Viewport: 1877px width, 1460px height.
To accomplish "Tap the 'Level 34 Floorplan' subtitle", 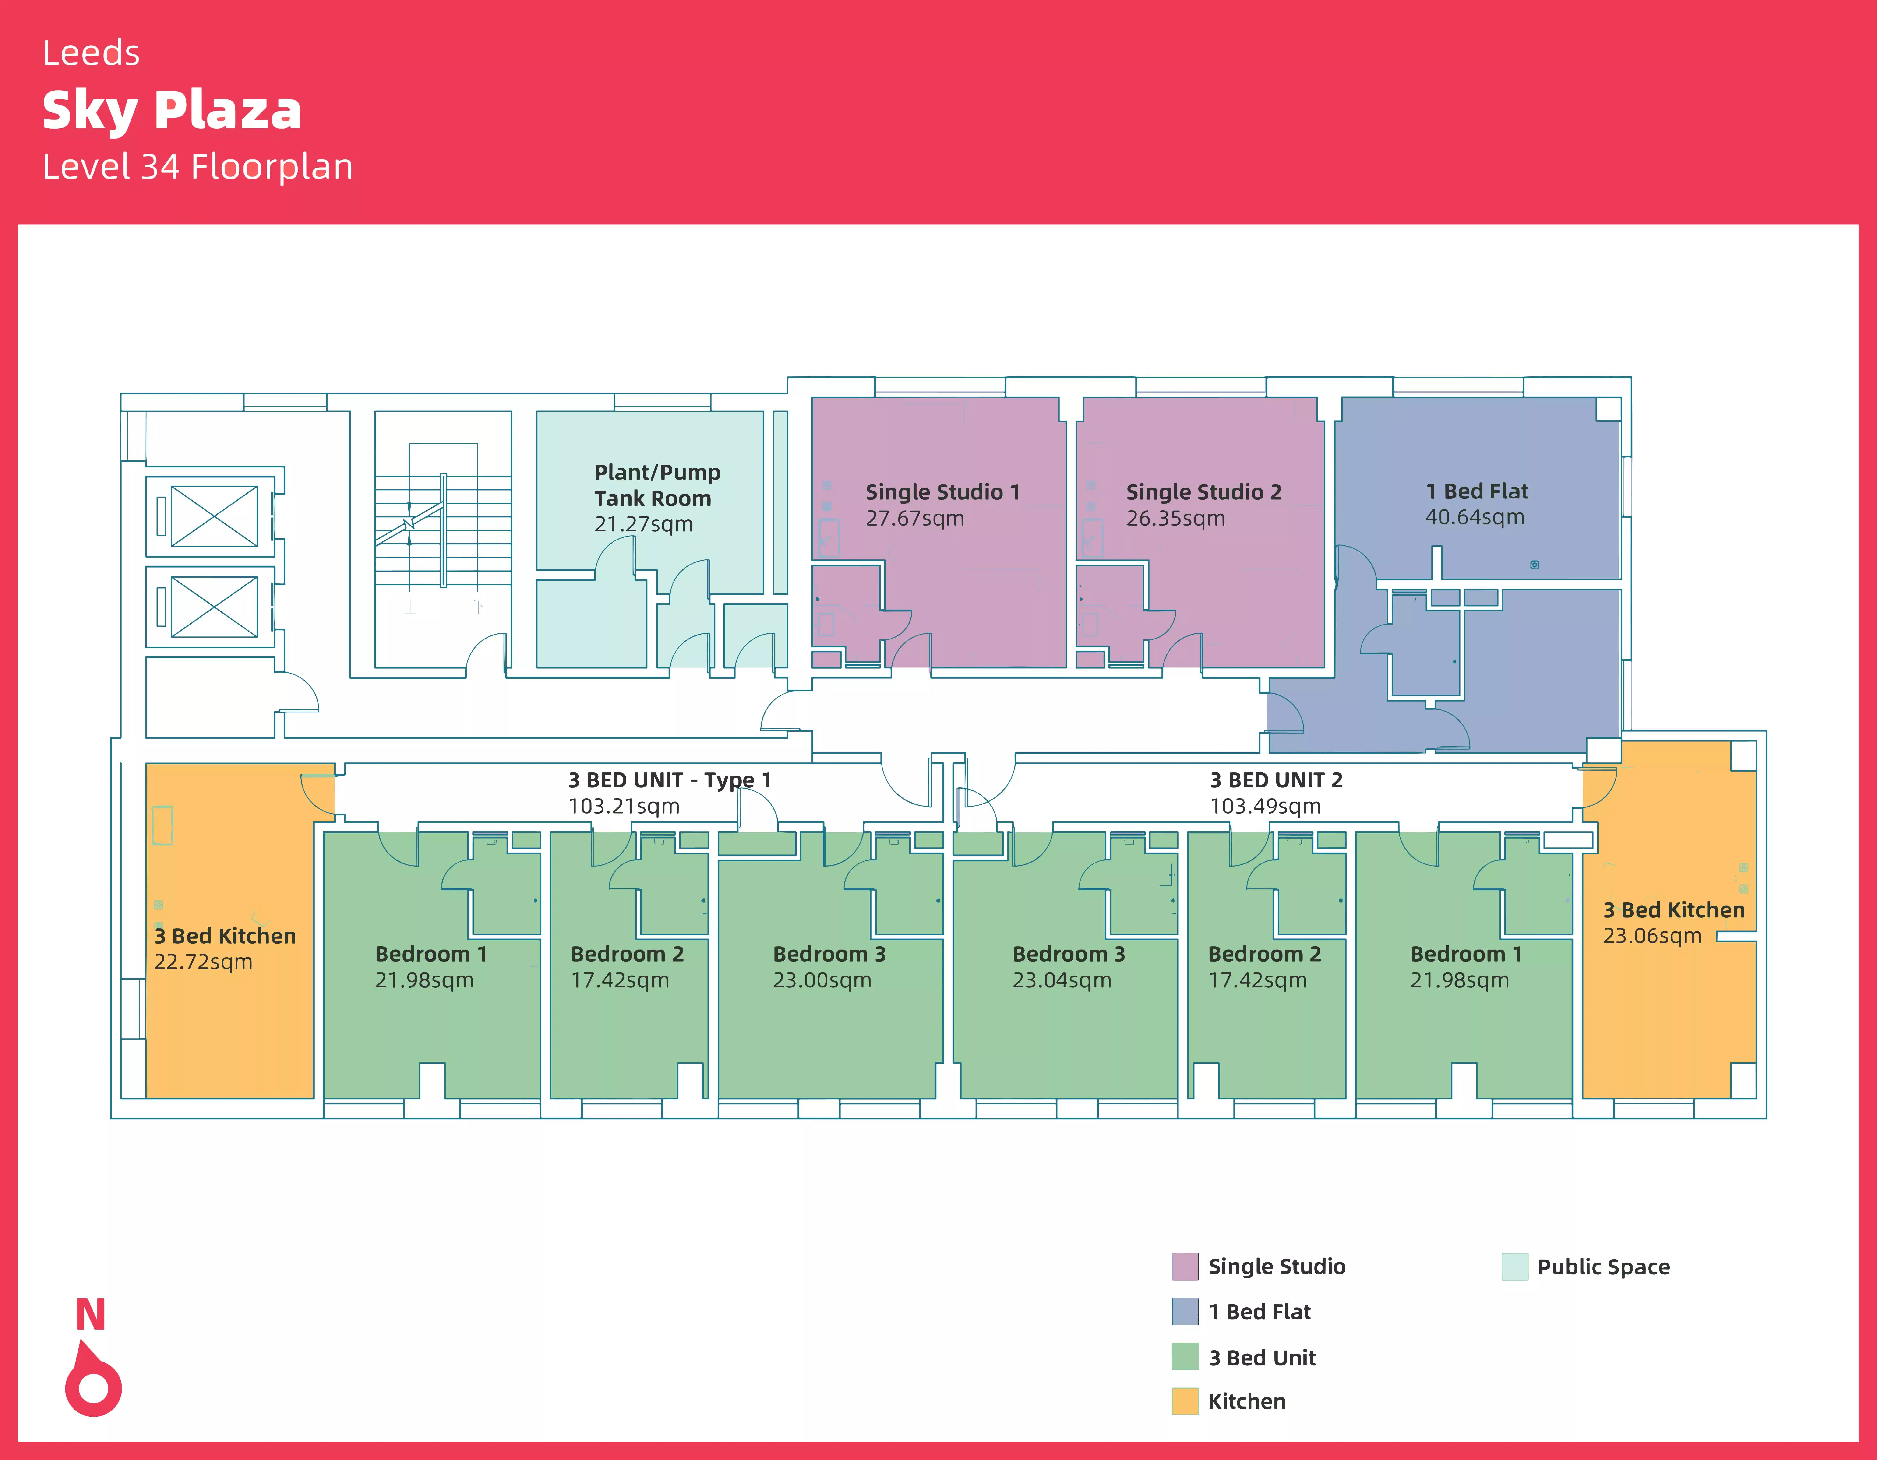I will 198,167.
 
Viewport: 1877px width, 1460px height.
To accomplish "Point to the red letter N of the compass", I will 90,1315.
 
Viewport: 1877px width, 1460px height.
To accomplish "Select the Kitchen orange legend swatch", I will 1184,1401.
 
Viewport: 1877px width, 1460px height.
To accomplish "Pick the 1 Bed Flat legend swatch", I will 1184,1311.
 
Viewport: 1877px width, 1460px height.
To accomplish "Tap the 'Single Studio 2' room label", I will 1203,492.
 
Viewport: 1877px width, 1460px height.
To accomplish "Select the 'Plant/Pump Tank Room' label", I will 657,485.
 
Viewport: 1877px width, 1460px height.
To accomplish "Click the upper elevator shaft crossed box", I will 214,516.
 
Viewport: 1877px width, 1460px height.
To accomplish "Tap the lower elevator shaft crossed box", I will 214,607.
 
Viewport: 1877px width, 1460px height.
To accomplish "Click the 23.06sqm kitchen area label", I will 1652,936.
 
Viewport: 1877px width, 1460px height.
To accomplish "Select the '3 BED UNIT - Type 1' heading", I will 670,780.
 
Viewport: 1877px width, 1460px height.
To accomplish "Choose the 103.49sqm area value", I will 1265,806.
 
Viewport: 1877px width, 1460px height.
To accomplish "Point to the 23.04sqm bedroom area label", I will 1061,980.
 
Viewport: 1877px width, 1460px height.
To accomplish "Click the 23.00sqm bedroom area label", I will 822,980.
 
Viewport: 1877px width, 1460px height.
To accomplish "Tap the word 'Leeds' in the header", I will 91,53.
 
